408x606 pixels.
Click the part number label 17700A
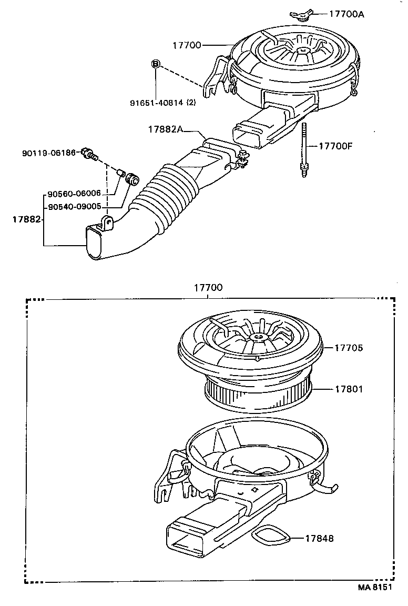[347, 14]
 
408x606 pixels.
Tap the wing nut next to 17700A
[302, 15]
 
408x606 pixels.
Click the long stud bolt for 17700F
[304, 149]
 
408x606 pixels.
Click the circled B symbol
[156, 64]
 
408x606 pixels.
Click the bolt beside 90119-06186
[90, 155]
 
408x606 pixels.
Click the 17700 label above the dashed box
[208, 288]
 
